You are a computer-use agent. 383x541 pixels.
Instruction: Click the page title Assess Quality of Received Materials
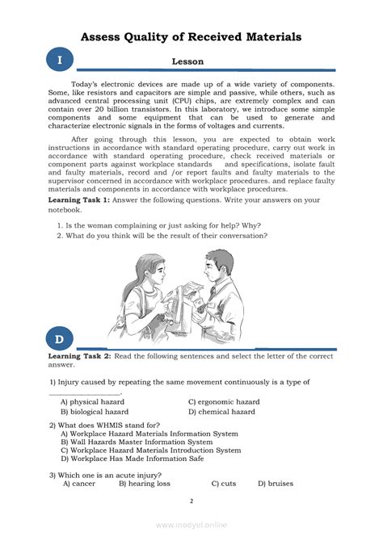[191, 36]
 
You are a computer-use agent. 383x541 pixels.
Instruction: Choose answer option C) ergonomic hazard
[224, 401]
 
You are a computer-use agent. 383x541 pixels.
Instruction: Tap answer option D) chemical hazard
[221, 412]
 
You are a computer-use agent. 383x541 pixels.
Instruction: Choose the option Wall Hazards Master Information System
[137, 442]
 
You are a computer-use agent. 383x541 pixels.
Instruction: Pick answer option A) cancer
[79, 484]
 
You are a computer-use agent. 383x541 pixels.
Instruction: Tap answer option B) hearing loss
[145, 484]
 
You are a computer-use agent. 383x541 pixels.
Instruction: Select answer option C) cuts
[224, 484]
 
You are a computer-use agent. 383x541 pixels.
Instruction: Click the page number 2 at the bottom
[191, 501]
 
